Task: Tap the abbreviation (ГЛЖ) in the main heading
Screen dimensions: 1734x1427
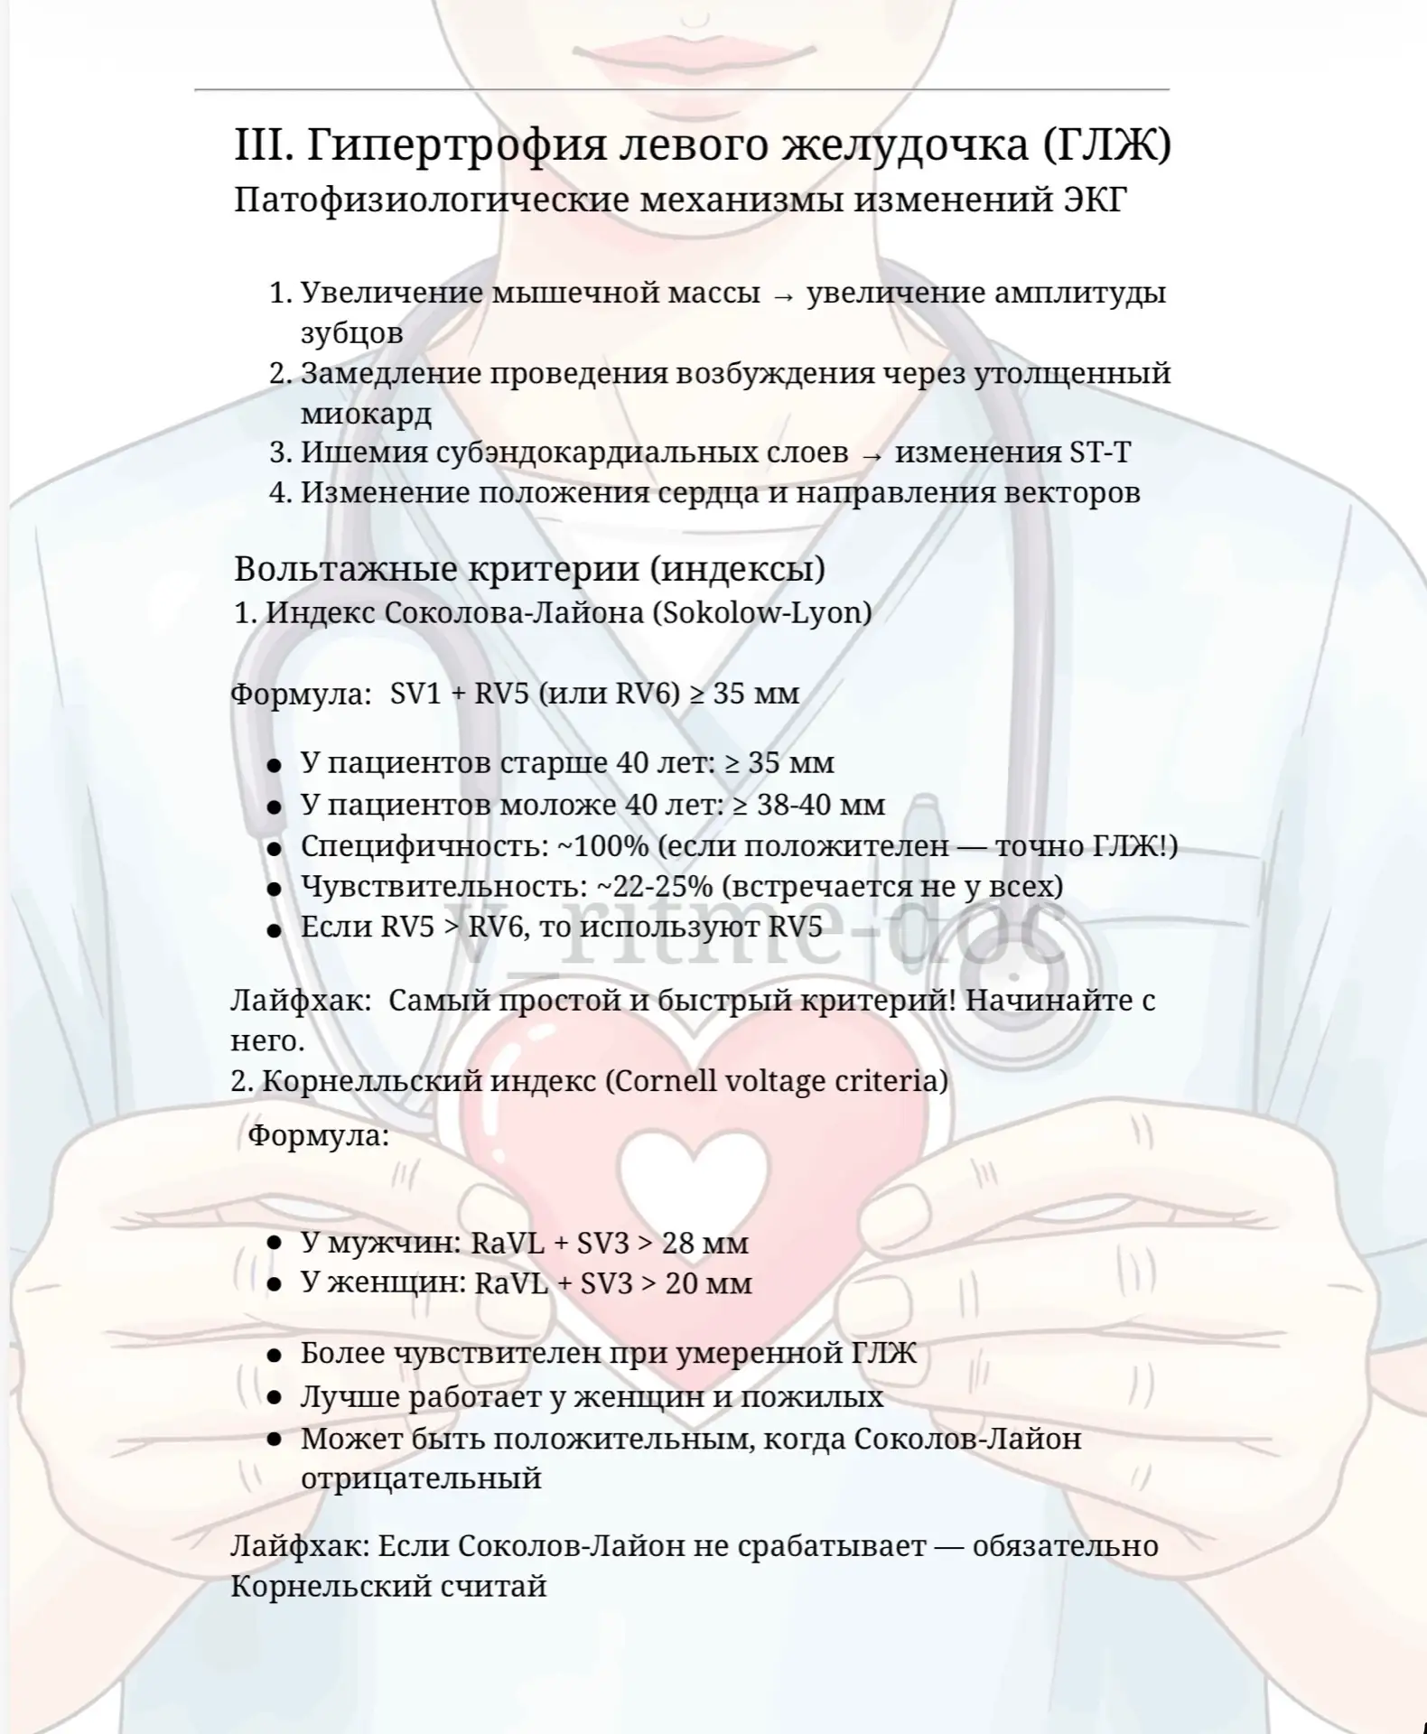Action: tap(1106, 144)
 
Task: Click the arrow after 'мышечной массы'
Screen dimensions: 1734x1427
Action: tap(783, 295)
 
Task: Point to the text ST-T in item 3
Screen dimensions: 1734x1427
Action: tap(1099, 452)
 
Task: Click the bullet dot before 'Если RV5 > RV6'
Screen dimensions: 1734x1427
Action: tap(274, 928)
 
